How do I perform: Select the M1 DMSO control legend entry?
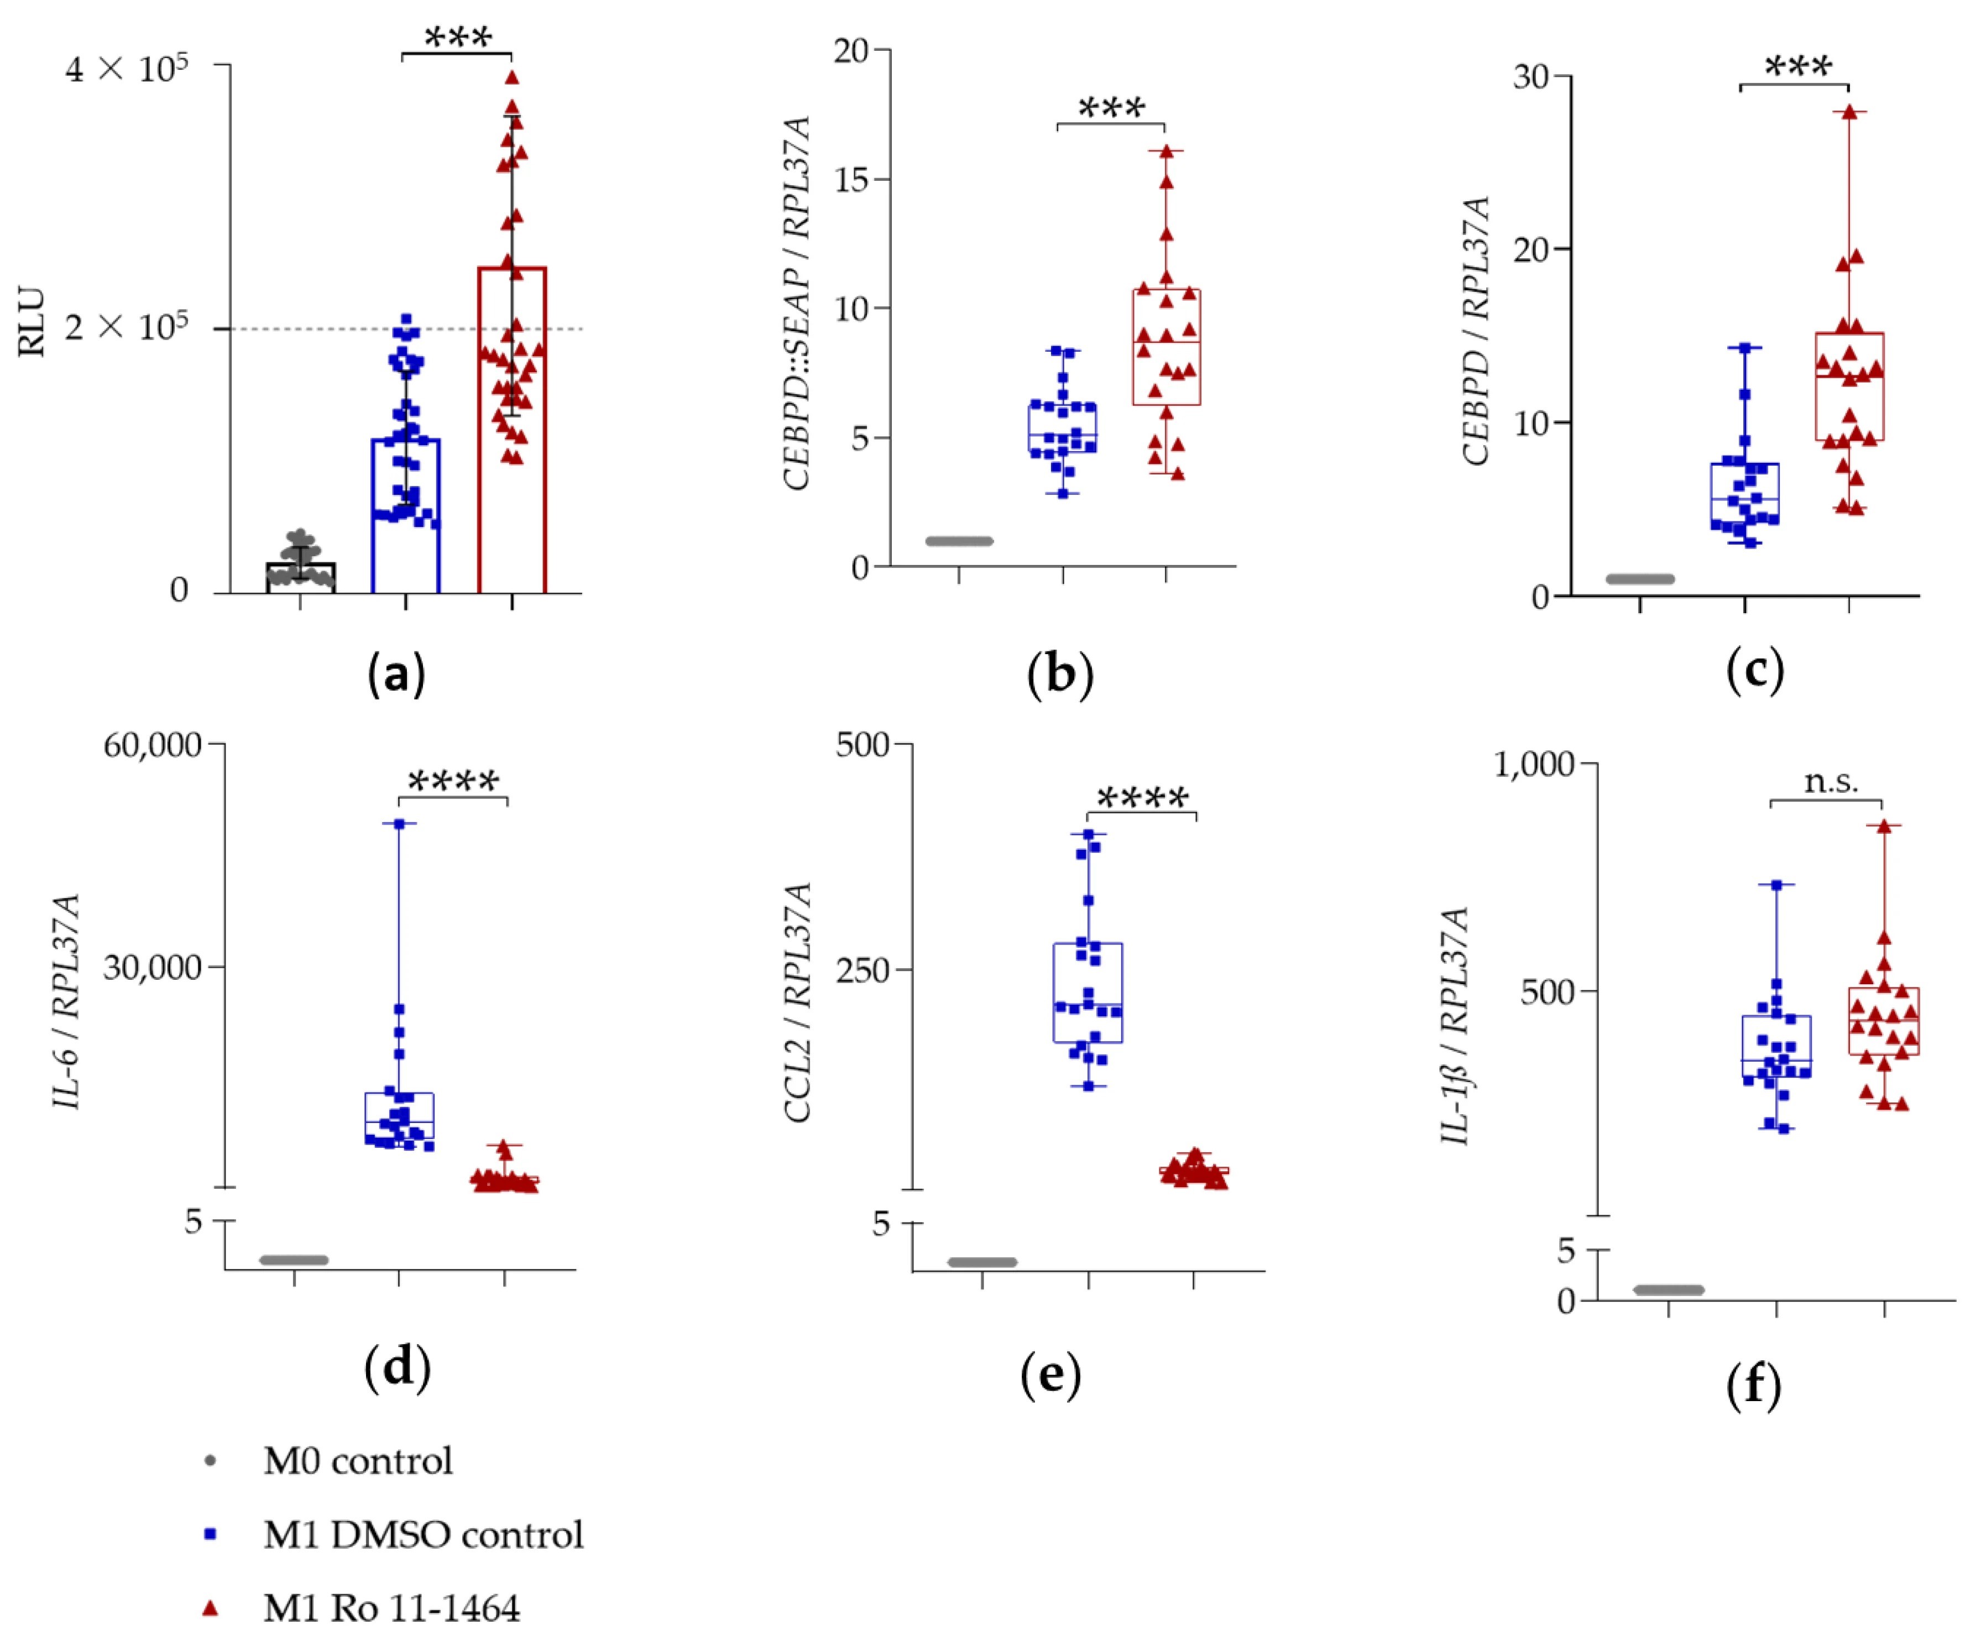pyautogui.click(x=423, y=1534)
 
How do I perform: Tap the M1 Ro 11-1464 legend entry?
pyautogui.click(x=391, y=1608)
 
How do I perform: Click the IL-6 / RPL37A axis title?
pyautogui.click(x=66, y=1001)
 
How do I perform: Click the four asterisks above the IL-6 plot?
pyautogui.click(x=453, y=781)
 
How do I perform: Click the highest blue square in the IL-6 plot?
pyautogui.click(x=399, y=824)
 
